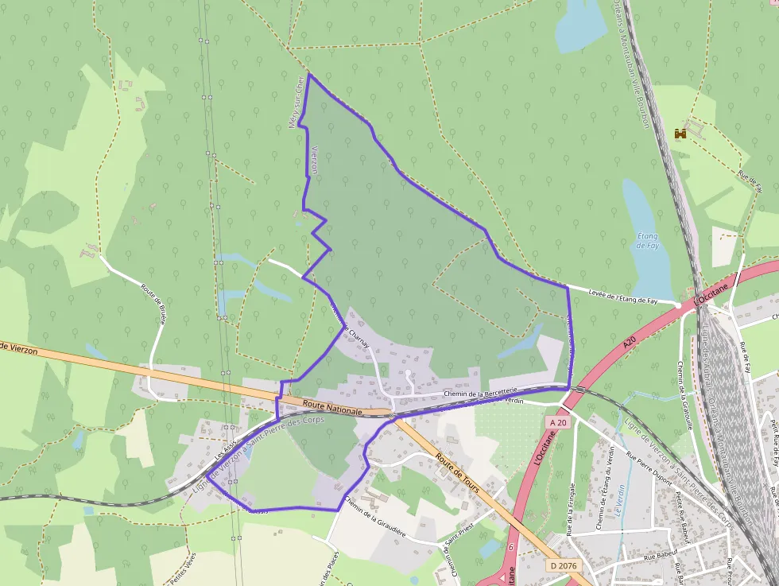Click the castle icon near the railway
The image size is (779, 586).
coord(680,134)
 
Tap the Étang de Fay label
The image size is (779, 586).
coord(648,240)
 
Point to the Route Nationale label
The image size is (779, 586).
coord(332,408)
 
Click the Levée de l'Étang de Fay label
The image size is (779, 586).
coord(623,299)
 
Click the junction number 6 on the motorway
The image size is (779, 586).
coord(510,546)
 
